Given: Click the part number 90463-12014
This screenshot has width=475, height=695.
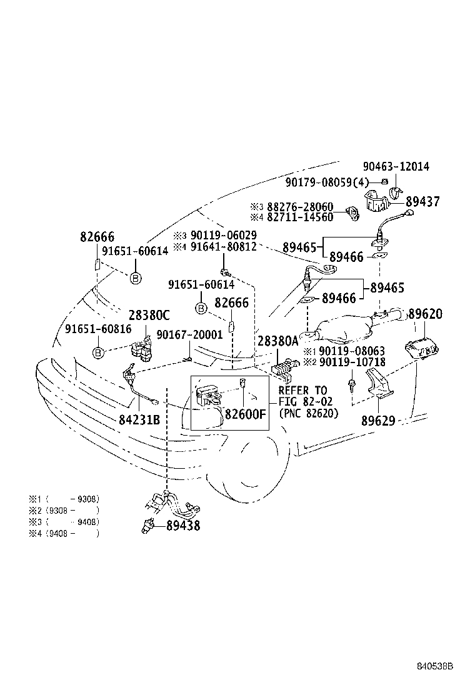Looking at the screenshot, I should coord(396,167).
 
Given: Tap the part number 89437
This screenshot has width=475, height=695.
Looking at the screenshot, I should coord(422,202).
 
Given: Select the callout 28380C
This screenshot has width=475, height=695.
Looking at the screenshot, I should coord(149,315).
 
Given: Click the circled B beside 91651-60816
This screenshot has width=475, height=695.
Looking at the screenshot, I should coord(98,353).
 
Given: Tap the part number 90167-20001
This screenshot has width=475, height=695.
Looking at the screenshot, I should coord(189,334).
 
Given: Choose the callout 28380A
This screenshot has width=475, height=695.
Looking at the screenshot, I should coord(277,341).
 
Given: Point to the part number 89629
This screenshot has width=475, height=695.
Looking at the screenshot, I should coord(378,421).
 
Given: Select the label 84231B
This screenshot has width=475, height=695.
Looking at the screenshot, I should coord(139,419).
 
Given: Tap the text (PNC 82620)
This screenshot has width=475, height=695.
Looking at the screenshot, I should coord(308,413).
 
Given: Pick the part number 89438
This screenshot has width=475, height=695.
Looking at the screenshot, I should coord(183,526).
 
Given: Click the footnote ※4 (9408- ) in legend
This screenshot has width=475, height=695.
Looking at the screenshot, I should coord(63,533).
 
